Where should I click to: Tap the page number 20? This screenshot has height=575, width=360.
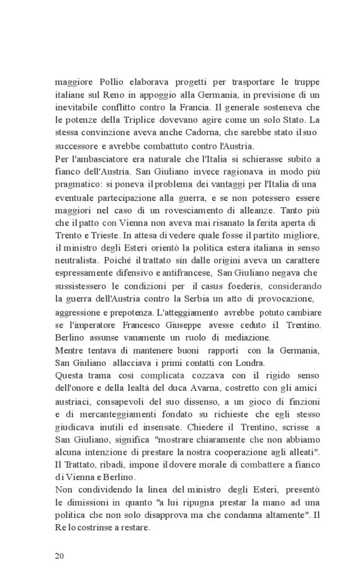60,555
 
